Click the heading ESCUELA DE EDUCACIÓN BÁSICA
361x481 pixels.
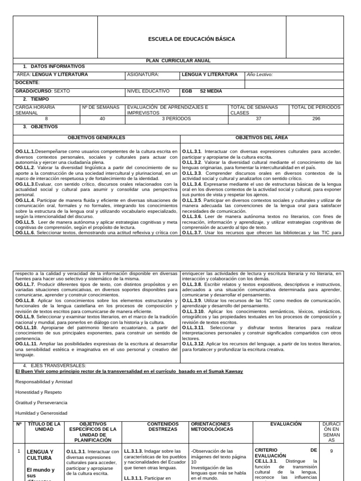click(x=191, y=39)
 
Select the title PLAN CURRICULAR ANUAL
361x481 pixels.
click(x=179, y=61)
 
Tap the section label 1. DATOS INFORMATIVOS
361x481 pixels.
click(x=54, y=67)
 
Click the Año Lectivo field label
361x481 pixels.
click(x=259, y=74)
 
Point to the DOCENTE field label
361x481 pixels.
click(x=27, y=82)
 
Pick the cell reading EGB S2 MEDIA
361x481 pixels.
click(x=202, y=91)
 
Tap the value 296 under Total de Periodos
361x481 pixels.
click(x=316, y=119)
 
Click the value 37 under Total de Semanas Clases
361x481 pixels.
click(x=258, y=119)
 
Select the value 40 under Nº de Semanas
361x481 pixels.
click(x=102, y=119)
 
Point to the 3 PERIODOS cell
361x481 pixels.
click(x=176, y=119)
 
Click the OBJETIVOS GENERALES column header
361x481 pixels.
click(x=96, y=138)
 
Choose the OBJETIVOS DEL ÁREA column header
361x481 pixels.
click(x=261, y=138)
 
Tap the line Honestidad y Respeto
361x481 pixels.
click(x=39, y=392)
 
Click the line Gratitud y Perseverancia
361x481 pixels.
click(x=41, y=403)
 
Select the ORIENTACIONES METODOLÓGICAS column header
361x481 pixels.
click(x=212, y=427)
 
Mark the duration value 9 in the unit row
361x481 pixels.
click(x=332, y=450)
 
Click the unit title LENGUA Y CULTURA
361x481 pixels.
click(x=40, y=455)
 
